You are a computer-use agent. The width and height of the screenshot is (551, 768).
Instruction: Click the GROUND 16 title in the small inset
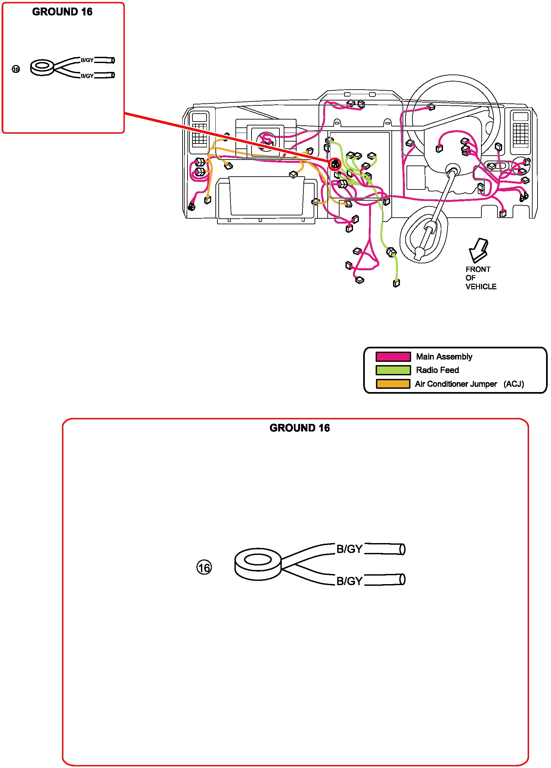tap(62, 12)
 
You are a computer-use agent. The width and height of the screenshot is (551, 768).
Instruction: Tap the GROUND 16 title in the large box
tap(299, 428)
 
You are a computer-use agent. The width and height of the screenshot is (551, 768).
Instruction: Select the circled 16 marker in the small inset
tap(16, 69)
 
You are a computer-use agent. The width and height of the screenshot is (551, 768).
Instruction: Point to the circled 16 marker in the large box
tap(204, 567)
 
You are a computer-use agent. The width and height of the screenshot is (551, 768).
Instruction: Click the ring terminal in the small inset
tap(42, 67)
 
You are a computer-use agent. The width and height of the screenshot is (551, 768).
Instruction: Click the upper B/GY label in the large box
tap(349, 549)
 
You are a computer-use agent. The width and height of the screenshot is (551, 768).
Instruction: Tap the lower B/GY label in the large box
tap(349, 581)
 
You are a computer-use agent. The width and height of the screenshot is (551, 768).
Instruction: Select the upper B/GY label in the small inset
tap(87, 60)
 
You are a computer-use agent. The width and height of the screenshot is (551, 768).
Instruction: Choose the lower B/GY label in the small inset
tap(87, 76)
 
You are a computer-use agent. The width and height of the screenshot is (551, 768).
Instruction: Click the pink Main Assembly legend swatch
tap(393, 357)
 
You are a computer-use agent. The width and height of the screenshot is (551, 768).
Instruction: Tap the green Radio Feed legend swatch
tap(393, 370)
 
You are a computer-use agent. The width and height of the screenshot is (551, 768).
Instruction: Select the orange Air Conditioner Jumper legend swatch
tap(393, 384)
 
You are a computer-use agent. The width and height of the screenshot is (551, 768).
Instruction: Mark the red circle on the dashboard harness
tap(335, 165)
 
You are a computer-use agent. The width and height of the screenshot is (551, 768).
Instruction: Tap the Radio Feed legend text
tap(437, 370)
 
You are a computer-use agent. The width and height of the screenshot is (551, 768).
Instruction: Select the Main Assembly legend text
tap(444, 357)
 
